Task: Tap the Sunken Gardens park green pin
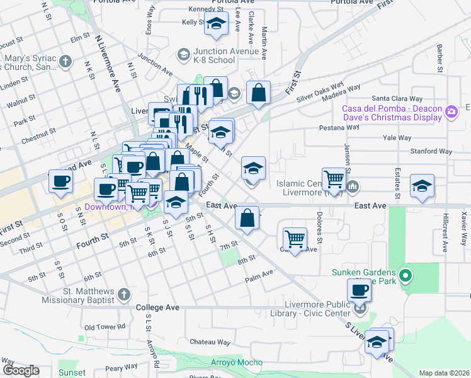click(406, 275)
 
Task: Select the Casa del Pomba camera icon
click(451, 112)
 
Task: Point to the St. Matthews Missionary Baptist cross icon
click(124, 294)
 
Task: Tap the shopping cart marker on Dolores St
click(295, 239)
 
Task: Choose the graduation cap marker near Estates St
click(422, 186)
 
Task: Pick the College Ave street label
click(158, 307)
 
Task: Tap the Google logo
click(20, 370)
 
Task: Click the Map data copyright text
click(443, 373)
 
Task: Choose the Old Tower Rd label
click(105, 327)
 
